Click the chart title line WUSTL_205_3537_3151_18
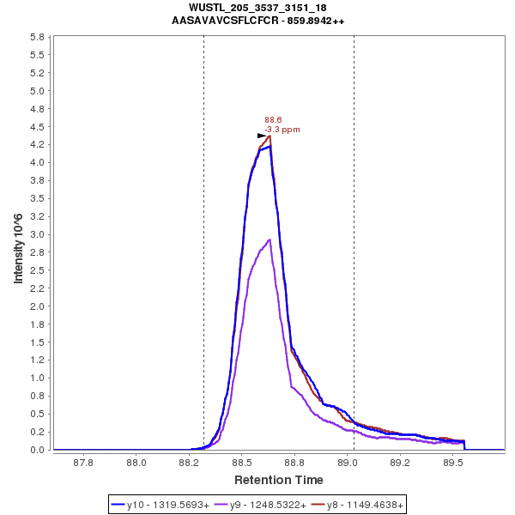[257, 8]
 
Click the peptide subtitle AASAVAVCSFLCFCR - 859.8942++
[257, 21]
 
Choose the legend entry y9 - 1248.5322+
[263, 505]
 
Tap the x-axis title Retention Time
[279, 480]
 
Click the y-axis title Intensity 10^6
[18, 243]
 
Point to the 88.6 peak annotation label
[273, 120]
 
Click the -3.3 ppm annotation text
[282, 130]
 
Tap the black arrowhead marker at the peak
[263, 136]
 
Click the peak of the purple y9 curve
[270, 239]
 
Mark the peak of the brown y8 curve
[270, 136]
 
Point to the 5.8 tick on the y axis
[37, 38]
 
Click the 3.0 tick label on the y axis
[37, 234]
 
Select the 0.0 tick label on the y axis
[37, 450]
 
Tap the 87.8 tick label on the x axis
[83, 463]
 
